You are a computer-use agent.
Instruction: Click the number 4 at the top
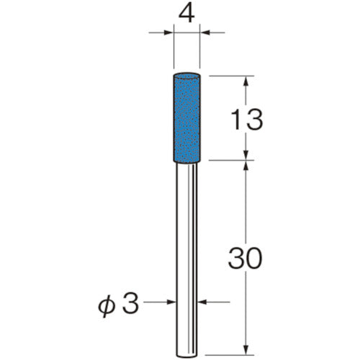point(187,14)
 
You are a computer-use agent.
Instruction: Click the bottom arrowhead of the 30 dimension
point(248,347)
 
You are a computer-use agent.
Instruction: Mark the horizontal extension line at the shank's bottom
point(230,353)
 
